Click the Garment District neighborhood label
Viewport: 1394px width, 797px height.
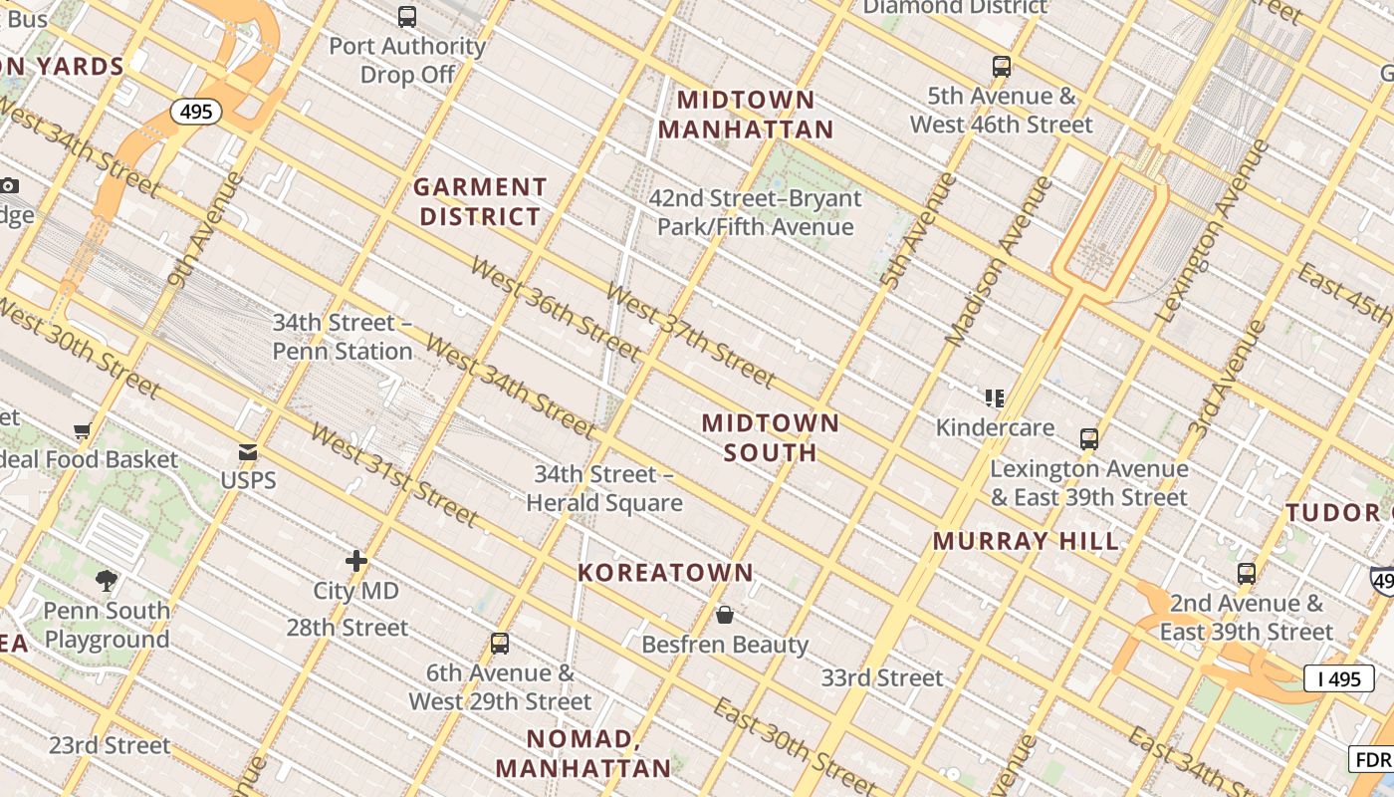coord(480,201)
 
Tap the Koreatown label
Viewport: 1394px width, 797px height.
coord(666,573)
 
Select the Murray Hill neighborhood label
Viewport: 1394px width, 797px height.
coord(1026,542)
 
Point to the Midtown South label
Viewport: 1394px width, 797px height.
coord(771,437)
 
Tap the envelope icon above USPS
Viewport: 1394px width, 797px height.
coord(248,453)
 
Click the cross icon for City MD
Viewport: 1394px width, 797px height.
coord(356,562)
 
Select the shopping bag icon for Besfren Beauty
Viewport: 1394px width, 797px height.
coord(725,615)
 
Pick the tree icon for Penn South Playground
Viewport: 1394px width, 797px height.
coord(107,581)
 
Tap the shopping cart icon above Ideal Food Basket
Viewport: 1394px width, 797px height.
coord(83,431)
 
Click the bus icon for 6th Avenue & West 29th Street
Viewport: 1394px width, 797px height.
coord(500,644)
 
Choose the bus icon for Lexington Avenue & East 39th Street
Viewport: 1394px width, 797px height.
coord(1089,438)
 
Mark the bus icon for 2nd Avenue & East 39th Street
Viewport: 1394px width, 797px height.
coord(1246,574)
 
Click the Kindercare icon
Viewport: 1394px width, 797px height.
coord(994,398)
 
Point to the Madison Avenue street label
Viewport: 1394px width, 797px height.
coord(999,261)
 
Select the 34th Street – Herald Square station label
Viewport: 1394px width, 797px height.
coord(604,488)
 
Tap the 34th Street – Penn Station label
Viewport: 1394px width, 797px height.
coord(343,337)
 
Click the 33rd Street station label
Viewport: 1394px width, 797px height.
coord(881,678)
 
